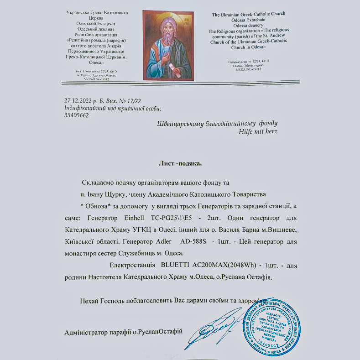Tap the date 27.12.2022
click(78, 100)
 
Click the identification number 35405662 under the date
click(77, 115)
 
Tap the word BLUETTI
click(176, 265)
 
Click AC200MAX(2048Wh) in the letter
click(224, 265)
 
